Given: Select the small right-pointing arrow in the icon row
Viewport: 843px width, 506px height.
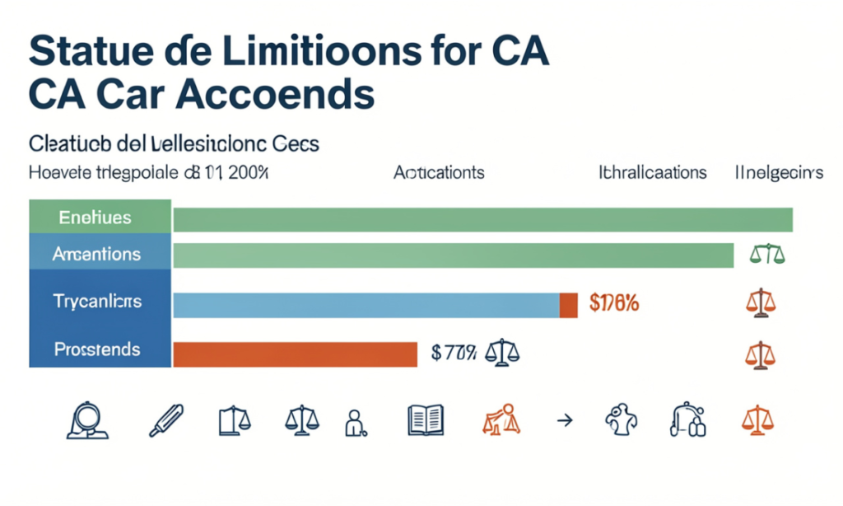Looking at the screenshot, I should click(564, 420).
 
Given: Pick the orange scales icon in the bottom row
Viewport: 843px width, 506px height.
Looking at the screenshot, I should click(760, 420).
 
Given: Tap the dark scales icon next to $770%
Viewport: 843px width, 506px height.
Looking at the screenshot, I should click(503, 353).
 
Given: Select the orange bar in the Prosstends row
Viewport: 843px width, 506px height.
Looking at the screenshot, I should click(296, 354).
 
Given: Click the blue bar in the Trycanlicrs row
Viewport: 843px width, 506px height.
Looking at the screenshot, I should click(366, 305).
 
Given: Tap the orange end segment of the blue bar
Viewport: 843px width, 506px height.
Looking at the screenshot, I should click(568, 305).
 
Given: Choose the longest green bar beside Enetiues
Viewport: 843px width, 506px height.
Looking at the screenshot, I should click(482, 220).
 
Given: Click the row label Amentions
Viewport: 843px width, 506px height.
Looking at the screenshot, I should click(96, 255).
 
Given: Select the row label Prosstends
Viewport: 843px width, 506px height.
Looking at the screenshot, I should click(97, 349).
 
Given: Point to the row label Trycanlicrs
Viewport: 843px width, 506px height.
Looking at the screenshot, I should click(97, 301).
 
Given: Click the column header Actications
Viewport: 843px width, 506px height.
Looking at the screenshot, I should click(438, 173).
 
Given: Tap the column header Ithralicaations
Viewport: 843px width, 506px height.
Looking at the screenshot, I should click(652, 173).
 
